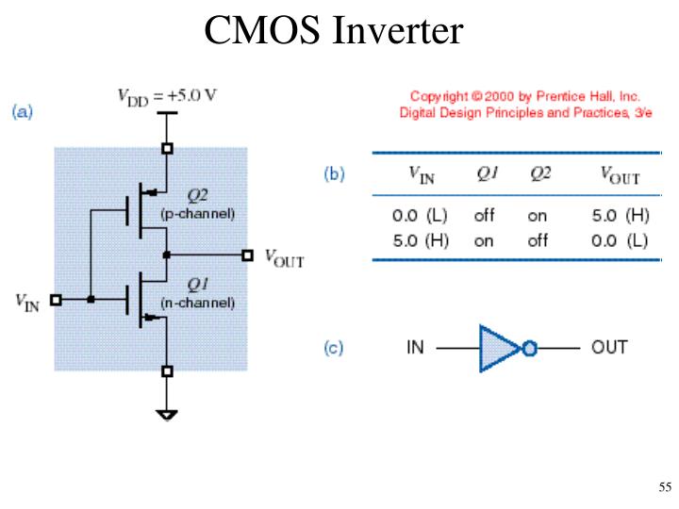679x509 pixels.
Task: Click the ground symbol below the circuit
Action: click(167, 415)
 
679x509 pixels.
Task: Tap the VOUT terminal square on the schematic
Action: click(247, 254)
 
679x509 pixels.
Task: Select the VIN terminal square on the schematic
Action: click(56, 300)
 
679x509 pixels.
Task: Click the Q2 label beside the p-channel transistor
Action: click(197, 196)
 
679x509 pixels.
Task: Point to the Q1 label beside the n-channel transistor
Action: click(197, 285)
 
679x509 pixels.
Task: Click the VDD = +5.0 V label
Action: click(167, 97)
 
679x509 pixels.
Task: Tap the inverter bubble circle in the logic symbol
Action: click(529, 348)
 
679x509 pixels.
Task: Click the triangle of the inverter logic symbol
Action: click(499, 348)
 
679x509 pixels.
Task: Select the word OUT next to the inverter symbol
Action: click(609, 347)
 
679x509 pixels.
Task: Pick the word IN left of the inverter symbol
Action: click(415, 347)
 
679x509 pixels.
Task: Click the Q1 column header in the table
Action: click(488, 173)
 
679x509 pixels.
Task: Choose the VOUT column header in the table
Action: click(621, 175)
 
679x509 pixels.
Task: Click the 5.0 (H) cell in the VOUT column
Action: click(621, 215)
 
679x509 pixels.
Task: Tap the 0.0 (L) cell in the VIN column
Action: click(420, 215)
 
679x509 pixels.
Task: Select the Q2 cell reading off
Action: click(538, 240)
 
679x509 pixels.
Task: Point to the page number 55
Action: click(665, 487)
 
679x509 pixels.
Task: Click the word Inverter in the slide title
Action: click(398, 30)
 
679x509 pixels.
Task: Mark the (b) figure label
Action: click(334, 174)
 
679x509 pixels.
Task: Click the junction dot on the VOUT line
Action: click(166, 254)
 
